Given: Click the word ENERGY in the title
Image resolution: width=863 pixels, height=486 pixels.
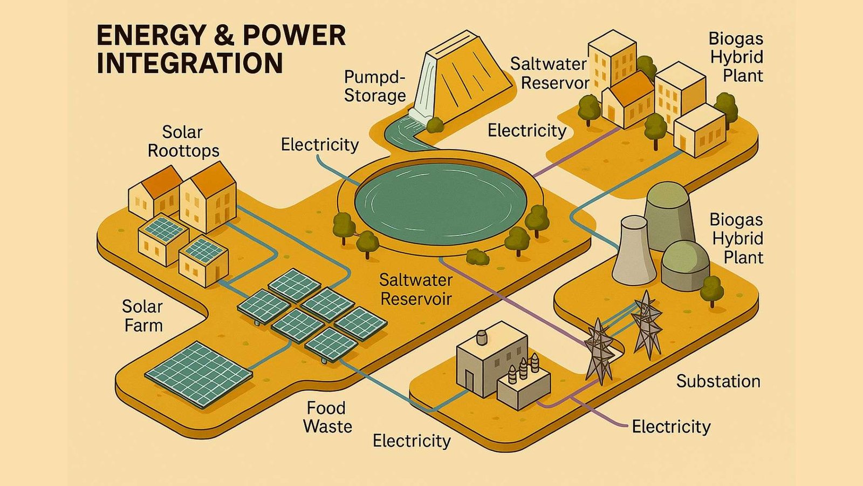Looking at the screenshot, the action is click(x=150, y=36).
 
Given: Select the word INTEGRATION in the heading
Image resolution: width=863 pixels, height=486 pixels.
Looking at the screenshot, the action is click(x=189, y=63).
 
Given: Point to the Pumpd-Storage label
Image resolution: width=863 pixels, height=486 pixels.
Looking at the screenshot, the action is click(x=374, y=86).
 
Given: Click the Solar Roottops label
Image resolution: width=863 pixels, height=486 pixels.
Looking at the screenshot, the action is click(x=183, y=141).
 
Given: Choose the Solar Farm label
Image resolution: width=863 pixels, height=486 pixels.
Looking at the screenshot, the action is click(x=142, y=316).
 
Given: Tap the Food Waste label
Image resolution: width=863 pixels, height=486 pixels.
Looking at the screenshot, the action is click(x=327, y=417).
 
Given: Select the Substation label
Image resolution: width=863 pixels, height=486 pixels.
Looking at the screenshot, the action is click(x=718, y=381).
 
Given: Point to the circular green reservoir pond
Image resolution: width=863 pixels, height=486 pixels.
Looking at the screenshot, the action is click(x=440, y=204).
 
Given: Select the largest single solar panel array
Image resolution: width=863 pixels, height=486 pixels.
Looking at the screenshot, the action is click(x=199, y=374).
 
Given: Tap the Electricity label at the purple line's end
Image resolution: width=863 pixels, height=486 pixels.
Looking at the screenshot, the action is click(x=671, y=427).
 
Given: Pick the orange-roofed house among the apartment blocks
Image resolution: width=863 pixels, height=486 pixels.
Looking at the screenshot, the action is click(x=628, y=99).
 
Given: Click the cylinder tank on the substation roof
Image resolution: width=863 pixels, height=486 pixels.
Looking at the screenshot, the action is click(x=482, y=337).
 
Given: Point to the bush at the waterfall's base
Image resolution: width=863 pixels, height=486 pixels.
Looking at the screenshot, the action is click(x=435, y=125).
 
